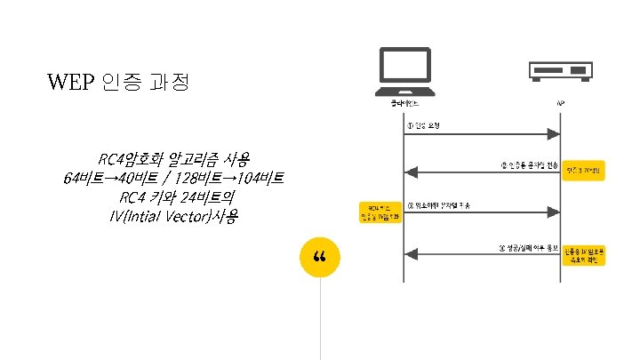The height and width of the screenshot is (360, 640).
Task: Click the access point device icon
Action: coord(559,70)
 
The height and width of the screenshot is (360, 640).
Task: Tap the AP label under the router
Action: coord(559,104)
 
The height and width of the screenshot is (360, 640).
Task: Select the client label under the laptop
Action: coord(404,104)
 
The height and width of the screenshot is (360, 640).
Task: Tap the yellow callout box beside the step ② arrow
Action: coord(584,170)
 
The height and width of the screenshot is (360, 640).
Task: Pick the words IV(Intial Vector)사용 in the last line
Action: coord(173,217)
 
